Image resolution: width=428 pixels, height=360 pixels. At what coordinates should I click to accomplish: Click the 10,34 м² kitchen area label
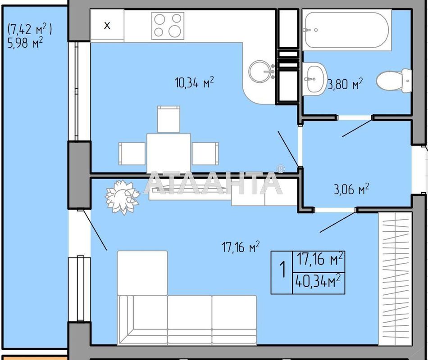pyautogui.click(x=194, y=82)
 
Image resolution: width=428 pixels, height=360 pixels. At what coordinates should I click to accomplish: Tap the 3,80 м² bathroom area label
pyautogui.click(x=345, y=84)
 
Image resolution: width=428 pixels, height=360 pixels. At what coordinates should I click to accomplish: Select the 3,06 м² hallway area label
pyautogui.click(x=351, y=189)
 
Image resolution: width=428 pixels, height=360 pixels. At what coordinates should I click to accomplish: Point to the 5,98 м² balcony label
pyautogui.click(x=25, y=43)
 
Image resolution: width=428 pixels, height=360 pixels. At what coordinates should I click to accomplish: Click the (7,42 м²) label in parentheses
pyautogui.click(x=30, y=29)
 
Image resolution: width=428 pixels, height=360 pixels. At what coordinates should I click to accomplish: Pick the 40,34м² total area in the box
pyautogui.click(x=318, y=281)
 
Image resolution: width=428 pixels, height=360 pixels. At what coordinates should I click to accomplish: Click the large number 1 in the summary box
pyautogui.click(x=283, y=270)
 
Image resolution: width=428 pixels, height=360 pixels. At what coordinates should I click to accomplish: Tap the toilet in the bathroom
pyautogui.click(x=394, y=81)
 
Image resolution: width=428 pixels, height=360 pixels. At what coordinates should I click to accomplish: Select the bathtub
pyautogui.click(x=346, y=30)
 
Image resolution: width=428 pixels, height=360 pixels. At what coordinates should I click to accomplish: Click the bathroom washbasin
pyautogui.click(x=315, y=79)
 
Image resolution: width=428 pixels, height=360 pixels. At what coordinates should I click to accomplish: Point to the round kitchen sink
pyautogui.click(x=260, y=72)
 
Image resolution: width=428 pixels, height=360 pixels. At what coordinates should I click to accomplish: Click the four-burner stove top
pyautogui.click(x=168, y=26)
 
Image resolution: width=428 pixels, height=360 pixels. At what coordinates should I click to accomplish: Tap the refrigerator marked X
pyautogui.click(x=107, y=25)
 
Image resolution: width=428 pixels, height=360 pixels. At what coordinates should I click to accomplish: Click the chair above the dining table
pyautogui.click(x=168, y=119)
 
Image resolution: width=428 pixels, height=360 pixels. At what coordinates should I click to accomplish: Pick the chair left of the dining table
pyautogui.click(x=132, y=153)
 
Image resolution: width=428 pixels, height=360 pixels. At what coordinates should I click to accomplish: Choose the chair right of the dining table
pyautogui.click(x=205, y=153)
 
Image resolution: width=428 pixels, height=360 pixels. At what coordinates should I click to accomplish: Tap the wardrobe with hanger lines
pyautogui.click(x=395, y=278)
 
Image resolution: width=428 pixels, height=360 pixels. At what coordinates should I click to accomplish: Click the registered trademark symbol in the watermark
pyautogui.click(x=280, y=169)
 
